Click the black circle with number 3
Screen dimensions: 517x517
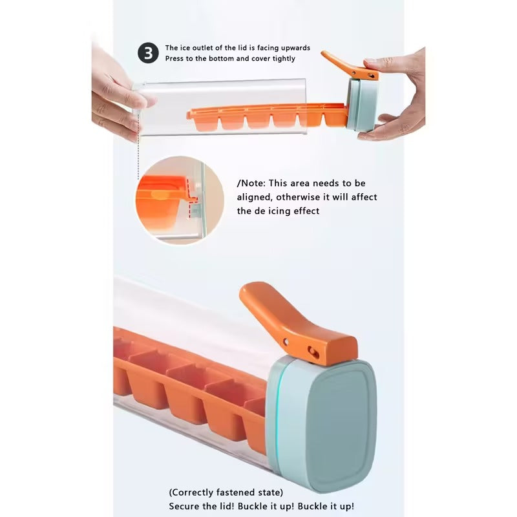pyautogui.click(x=148, y=53)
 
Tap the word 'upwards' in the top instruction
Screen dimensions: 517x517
pyautogui.click(x=294, y=48)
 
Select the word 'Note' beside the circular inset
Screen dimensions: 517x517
pyautogui.click(x=254, y=184)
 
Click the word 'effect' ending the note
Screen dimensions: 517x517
pyautogui.click(x=305, y=211)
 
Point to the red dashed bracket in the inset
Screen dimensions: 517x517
pyautogui.click(x=193, y=207)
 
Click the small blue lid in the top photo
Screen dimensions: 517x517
pyautogui.click(x=361, y=105)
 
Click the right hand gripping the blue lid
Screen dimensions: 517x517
pyautogui.click(x=401, y=97)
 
